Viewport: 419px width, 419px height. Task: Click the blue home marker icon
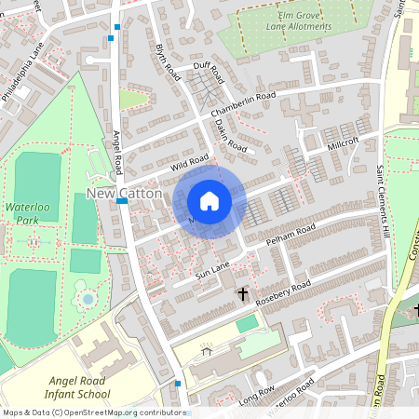[x=209, y=201]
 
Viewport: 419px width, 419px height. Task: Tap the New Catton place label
[x=124, y=193]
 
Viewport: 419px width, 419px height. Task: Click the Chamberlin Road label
[x=243, y=105]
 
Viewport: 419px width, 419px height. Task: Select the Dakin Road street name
[x=228, y=135]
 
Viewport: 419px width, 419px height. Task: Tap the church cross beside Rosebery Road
[x=243, y=294]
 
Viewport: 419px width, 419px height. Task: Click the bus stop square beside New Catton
[x=122, y=200]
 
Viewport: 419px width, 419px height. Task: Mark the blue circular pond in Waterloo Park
[x=87, y=300]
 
